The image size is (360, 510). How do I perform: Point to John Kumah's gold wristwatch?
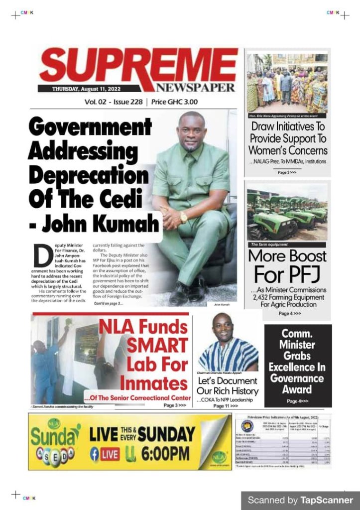[x=184, y=217]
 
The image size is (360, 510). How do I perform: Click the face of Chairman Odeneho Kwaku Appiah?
[x=222, y=327]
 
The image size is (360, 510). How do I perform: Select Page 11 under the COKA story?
[x=226, y=406]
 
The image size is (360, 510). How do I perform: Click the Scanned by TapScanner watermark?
[x=300, y=500]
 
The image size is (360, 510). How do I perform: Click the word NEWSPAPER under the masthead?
[x=195, y=88]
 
